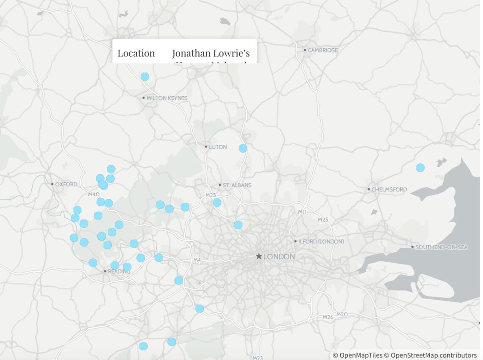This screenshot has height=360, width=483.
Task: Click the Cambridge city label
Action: tap(323, 50)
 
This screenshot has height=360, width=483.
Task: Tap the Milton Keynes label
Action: tap(167, 98)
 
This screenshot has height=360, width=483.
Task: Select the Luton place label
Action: tap(218, 147)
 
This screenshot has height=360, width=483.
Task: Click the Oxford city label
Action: tap(66, 184)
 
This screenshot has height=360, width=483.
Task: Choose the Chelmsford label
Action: tap(389, 189)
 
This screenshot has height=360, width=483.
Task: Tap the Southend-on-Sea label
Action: tap(441, 247)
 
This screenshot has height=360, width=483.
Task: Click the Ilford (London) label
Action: tap(321, 241)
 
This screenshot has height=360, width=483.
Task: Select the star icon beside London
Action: tap(258, 257)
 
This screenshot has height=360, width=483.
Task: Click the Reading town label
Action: tap(119, 271)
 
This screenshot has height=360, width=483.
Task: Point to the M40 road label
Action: tap(93, 194)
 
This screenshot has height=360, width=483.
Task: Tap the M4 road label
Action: tap(197, 260)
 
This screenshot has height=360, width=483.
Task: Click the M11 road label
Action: tap(302, 211)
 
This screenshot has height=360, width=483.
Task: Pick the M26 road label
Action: tap(328, 317)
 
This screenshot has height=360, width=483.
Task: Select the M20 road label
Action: tap(342, 314)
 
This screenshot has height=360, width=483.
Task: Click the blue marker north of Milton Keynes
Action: tap(145, 77)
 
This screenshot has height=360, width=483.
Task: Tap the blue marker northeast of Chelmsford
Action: tap(420, 167)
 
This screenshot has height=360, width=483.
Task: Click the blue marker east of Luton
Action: tap(243, 148)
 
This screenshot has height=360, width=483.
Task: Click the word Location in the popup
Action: tap(136, 53)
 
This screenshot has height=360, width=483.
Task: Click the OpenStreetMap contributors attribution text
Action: tap(433, 355)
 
